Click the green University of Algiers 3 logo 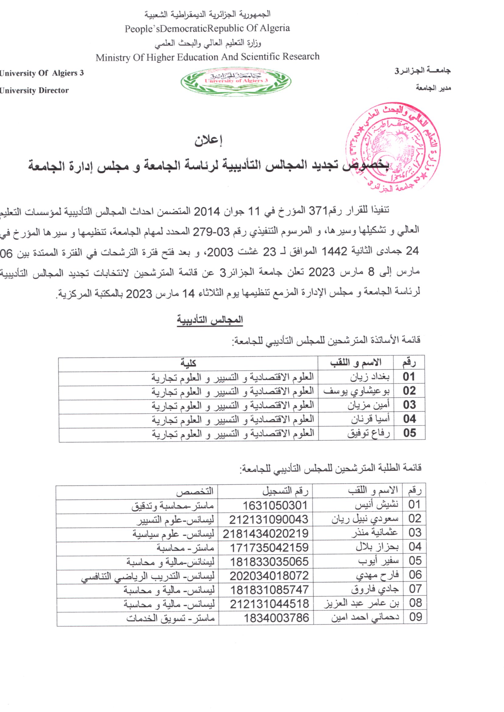coord(236,82)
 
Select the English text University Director coord(34,90)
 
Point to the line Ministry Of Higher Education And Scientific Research coord(207,57)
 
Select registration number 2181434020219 coord(266,534)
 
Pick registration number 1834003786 coord(276,618)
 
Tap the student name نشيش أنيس coord(376,505)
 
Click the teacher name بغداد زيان coord(370,377)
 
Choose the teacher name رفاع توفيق coord(368,433)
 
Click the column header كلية coord(188,362)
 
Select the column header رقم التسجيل coord(285,491)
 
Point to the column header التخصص coord(195,491)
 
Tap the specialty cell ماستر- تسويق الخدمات coord(170,618)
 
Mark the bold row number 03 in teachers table coord(409,405)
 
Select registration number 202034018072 coord(269,576)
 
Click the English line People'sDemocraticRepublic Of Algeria coord(207,29)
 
